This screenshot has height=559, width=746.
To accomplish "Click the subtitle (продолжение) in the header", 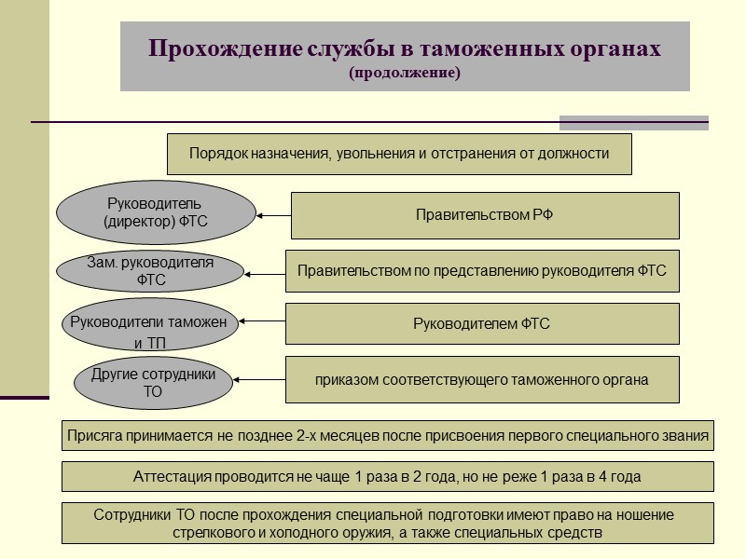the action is [405, 72].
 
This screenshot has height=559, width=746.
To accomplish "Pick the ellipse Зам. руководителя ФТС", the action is [150, 270].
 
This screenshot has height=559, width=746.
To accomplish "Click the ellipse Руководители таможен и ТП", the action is [149, 327].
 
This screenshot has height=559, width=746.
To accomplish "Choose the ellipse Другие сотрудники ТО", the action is [153, 383].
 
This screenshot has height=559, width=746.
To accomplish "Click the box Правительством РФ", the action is [485, 215].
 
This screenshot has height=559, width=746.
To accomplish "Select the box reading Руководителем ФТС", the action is [481, 324].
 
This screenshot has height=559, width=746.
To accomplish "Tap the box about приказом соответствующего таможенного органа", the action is [481, 379].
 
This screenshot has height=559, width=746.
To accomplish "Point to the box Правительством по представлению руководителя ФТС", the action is [481, 271].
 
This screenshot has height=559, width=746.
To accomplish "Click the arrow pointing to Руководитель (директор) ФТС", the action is [273, 215].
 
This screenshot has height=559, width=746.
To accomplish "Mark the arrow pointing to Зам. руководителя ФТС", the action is [266, 273].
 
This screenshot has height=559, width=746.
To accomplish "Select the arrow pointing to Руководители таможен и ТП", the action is [262, 323].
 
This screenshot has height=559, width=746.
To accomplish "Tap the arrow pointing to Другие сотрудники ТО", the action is [262, 379].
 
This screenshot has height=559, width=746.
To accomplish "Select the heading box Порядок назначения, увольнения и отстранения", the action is [399, 154].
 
